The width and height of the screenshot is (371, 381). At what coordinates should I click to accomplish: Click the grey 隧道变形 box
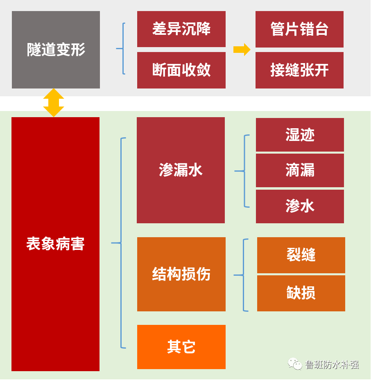56,50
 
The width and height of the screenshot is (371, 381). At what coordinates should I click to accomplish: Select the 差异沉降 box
181,29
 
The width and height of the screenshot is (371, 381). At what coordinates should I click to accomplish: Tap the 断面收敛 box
181,70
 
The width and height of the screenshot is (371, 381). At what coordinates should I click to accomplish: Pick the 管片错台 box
299,29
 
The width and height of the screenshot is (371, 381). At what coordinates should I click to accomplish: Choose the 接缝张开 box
299,70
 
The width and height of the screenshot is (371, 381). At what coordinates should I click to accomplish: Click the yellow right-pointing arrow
242,50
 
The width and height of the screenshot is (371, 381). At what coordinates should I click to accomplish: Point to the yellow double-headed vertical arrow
54,103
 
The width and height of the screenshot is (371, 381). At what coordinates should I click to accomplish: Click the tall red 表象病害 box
55,244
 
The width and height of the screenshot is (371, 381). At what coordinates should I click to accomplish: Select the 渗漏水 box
181,170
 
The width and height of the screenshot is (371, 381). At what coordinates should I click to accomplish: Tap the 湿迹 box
300,135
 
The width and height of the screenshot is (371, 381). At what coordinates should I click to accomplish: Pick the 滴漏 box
300,170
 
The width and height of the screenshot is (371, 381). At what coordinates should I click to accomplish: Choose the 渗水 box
300,206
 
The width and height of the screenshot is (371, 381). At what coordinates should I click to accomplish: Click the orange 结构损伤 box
181,274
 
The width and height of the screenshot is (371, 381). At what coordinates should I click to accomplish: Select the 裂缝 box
301,255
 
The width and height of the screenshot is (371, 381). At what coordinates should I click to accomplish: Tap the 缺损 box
301,293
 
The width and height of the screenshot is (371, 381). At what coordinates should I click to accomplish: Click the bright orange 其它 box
181,347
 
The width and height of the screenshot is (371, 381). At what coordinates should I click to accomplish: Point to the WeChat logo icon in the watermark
295,363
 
